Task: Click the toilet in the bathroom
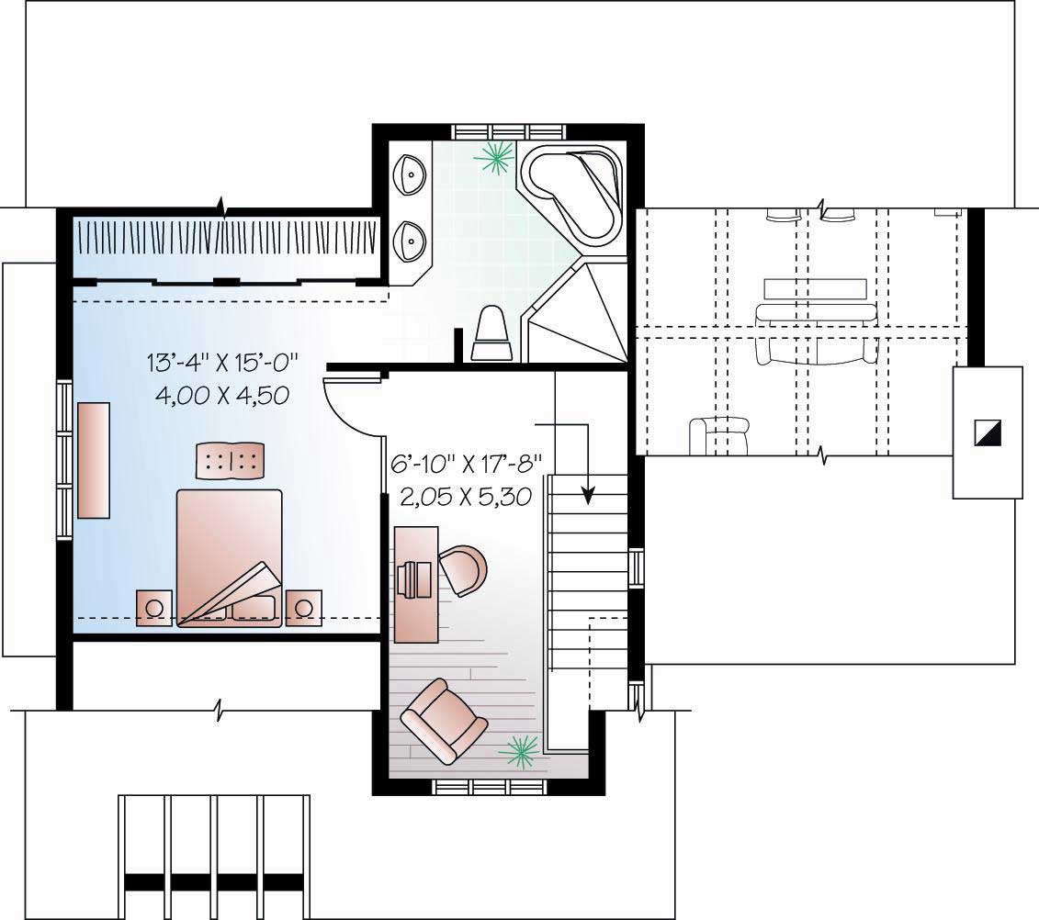491,335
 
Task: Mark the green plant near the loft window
521,752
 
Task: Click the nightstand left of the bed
154,607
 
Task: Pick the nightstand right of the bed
303,607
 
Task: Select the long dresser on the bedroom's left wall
93,459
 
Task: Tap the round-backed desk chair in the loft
464,569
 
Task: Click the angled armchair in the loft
444,722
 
